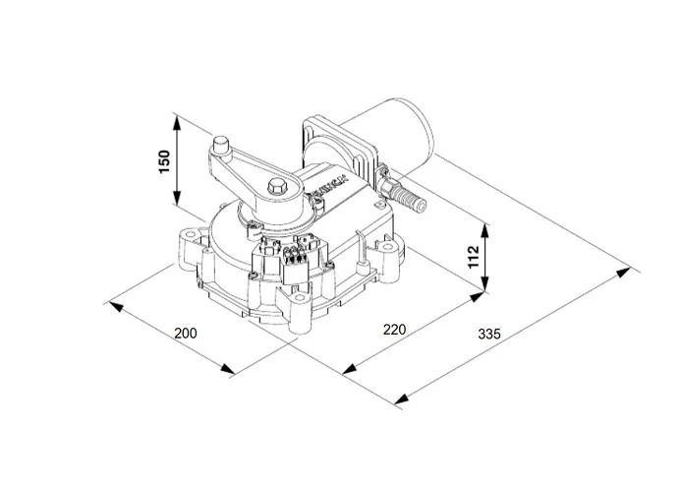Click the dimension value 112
pos(473,258)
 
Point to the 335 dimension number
pos(488,335)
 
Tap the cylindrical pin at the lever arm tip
pos(223,147)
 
